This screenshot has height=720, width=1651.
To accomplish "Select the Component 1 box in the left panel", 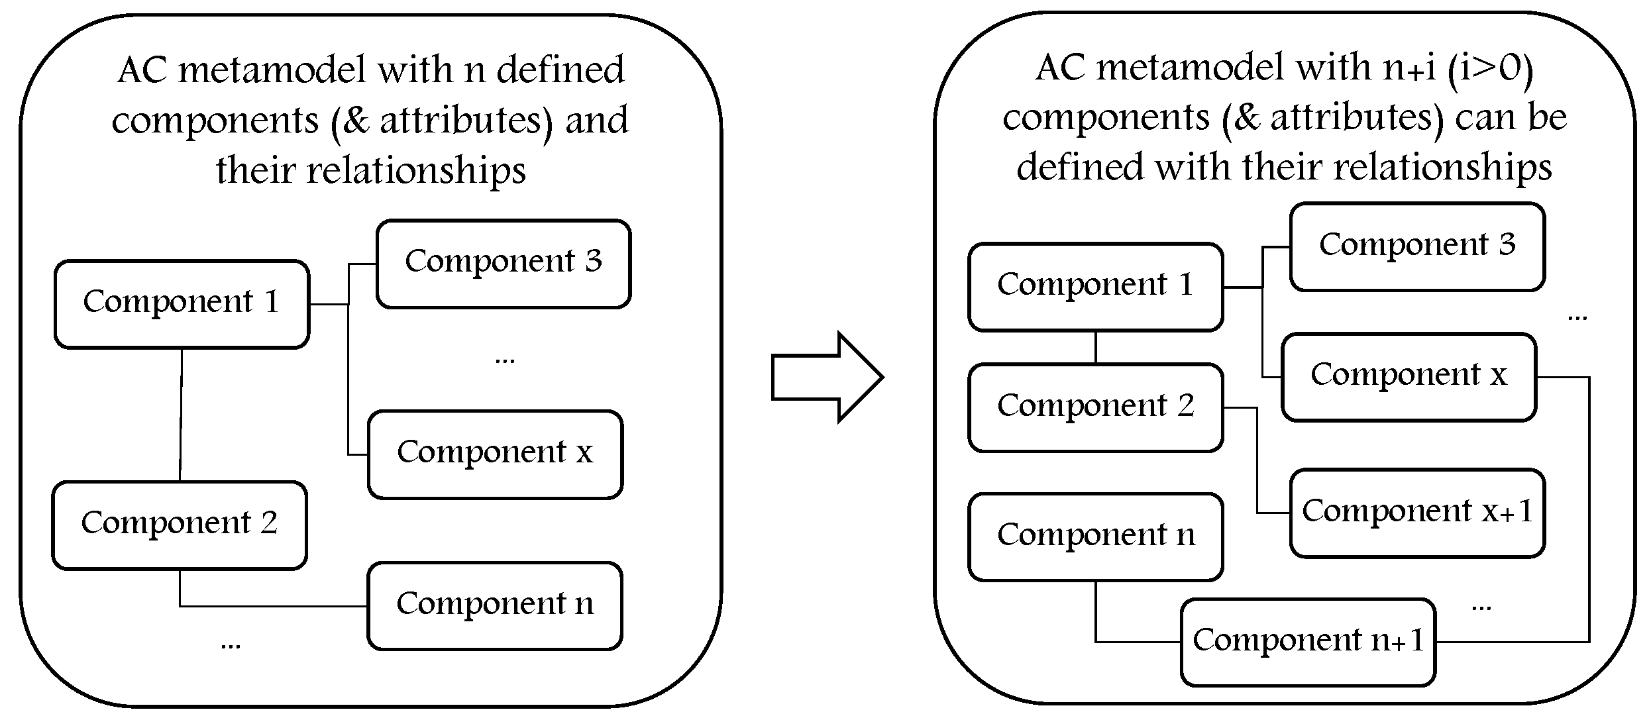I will coord(182,303).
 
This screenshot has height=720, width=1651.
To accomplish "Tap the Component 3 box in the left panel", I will coord(504,264).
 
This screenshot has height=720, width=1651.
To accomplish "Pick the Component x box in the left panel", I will coord(495,454).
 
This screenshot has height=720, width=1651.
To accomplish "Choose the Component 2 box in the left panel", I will coord(180,525).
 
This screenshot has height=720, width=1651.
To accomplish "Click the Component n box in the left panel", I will coord(495,605).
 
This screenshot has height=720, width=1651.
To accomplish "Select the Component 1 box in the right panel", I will coord(1095,287).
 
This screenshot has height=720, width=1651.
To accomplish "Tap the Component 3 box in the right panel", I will coord(1417,246).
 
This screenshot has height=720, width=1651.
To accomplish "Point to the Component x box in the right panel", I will coord(1409,376).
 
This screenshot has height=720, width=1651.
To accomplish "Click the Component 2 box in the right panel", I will coord(1095,407).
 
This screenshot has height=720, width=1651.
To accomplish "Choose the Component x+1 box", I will coord(1417,513).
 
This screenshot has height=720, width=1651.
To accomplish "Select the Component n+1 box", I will coord(1308,641).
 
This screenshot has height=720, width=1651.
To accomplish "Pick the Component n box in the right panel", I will coord(1095,537).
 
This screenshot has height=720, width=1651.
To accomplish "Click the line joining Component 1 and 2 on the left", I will coord(181,415).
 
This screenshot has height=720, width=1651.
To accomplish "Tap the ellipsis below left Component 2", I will coord(231,644).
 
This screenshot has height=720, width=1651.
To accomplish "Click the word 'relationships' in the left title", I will coord(416,170).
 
